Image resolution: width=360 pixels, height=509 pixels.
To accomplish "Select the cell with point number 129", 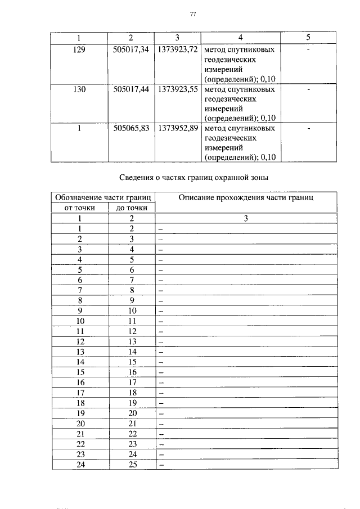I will point(79,50).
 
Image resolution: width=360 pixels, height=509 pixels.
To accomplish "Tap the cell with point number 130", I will point(79,89).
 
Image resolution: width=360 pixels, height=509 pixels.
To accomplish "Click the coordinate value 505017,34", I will point(131,50).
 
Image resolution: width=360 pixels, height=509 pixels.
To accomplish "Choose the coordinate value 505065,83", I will point(131,128).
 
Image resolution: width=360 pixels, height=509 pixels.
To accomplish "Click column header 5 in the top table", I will point(308,38).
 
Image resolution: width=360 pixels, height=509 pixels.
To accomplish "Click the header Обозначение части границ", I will point(102,197).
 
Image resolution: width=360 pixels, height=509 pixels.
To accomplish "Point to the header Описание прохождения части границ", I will point(246,197).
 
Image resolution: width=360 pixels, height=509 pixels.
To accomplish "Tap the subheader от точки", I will point(79,208).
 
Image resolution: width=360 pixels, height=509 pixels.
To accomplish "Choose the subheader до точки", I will point(131,208).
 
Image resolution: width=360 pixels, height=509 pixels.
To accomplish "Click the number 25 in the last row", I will point(132,465).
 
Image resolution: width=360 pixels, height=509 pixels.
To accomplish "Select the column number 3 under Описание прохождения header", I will point(246,219).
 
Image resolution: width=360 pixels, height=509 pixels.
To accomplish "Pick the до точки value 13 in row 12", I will point(132,341).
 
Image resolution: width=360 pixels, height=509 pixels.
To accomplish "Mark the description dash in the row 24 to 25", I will point(160,466).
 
